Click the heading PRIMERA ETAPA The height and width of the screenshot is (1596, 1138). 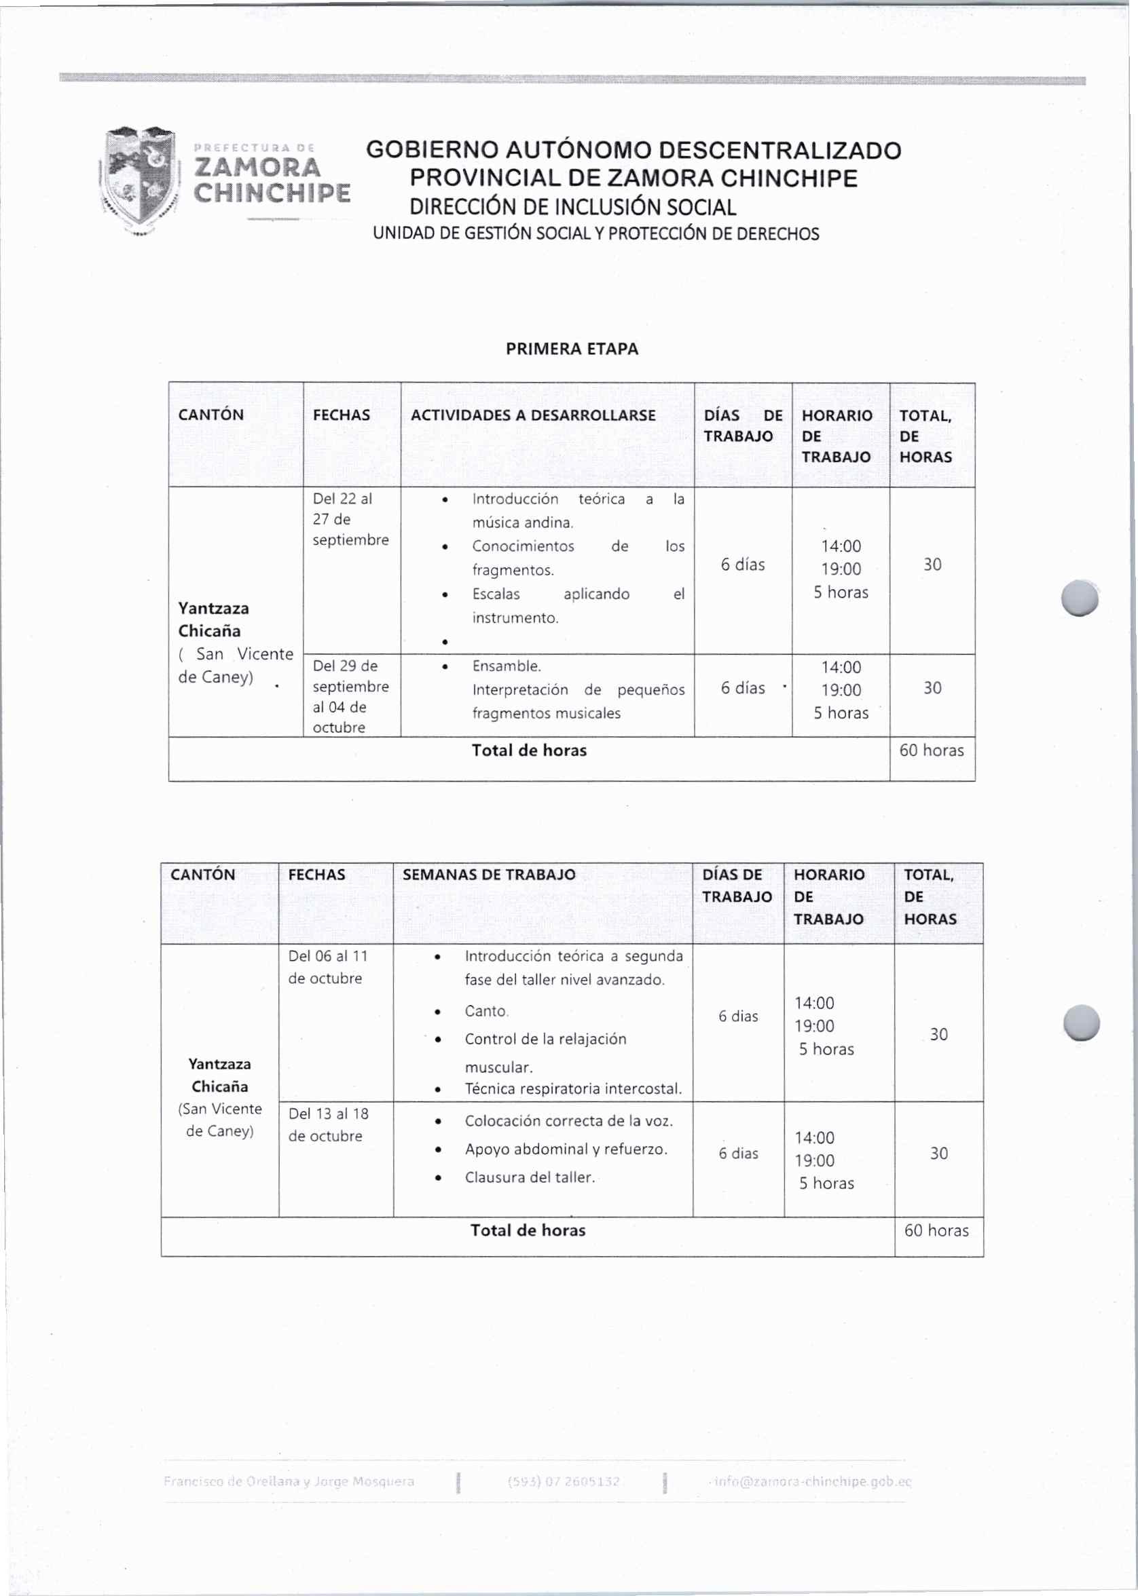coord(572,349)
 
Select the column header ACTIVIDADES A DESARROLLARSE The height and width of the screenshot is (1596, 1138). coord(532,415)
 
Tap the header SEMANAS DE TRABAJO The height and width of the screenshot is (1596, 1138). coord(488,875)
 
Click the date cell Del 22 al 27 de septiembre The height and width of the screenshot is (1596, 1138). coord(350,519)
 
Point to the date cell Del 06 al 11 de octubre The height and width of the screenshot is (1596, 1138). coord(327,967)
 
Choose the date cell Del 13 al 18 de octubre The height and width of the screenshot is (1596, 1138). coord(327,1124)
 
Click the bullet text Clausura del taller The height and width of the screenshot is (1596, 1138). coord(530,1177)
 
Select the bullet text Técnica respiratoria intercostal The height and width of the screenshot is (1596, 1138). coord(573,1089)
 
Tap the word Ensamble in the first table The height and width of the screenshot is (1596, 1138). coord(506,666)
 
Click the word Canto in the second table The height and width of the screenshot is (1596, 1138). coord(485,1011)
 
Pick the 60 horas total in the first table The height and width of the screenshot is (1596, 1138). coord(932,750)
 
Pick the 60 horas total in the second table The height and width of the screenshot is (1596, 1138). coord(936,1230)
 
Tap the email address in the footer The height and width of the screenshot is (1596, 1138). coord(812,1482)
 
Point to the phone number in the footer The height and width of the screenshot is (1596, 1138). coord(564,1482)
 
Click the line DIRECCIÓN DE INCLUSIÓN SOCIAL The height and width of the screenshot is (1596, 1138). coord(572,207)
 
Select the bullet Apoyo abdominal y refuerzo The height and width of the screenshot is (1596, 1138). coord(566,1149)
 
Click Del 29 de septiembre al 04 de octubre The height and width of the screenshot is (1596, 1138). coord(350,696)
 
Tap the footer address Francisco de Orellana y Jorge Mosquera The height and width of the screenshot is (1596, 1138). coord(289,1482)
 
